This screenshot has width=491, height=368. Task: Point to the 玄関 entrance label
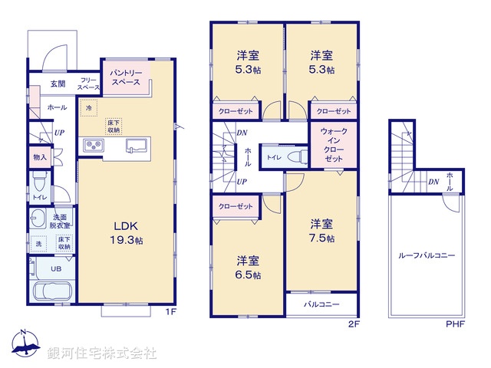(x=58, y=84)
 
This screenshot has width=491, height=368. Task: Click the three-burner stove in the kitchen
(x=93, y=145)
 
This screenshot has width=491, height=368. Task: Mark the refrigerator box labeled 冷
(x=90, y=110)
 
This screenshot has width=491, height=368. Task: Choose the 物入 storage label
(x=40, y=157)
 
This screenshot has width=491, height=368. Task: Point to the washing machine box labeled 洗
(x=38, y=244)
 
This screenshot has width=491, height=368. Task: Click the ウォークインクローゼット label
(x=334, y=144)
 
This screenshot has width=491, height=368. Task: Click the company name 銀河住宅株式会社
(x=101, y=353)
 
